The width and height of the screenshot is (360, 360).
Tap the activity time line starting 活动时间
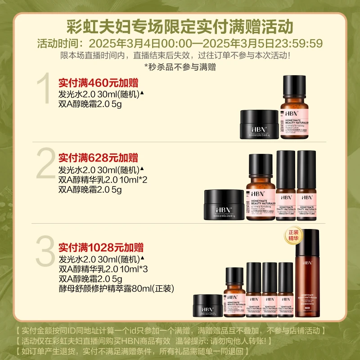180,44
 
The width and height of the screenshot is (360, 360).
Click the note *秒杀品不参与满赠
180,67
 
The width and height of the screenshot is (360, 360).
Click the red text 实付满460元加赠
98,83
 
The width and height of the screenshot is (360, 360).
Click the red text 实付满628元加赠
98,158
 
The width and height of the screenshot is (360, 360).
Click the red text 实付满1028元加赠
101,247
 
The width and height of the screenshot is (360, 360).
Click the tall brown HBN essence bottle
310,270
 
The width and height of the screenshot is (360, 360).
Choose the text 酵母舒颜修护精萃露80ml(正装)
116,288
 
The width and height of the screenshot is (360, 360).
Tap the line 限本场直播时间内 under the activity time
180,56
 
